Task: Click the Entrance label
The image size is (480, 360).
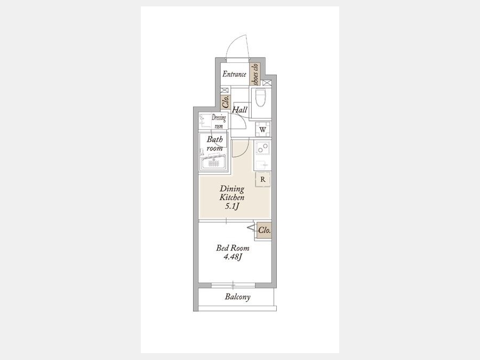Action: pyautogui.click(x=234, y=74)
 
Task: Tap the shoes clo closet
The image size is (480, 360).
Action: pyautogui.click(x=255, y=74)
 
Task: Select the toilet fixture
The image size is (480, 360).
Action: pyautogui.click(x=260, y=98)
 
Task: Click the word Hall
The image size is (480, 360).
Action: pyautogui.click(x=239, y=109)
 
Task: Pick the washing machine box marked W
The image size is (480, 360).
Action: pyautogui.click(x=263, y=129)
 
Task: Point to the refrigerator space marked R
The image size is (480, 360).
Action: pyautogui.click(x=263, y=179)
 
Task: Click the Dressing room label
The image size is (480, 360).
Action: pyautogui.click(x=219, y=122)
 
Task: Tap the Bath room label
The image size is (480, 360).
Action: pyautogui.click(x=214, y=143)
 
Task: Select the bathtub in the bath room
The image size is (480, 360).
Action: pyautogui.click(x=213, y=162)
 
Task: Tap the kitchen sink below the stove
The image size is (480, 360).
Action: pyautogui.click(x=262, y=165)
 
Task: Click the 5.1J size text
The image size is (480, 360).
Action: pyautogui.click(x=232, y=206)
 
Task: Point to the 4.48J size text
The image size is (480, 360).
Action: pyautogui.click(x=233, y=257)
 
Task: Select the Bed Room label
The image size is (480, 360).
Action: pyautogui.click(x=233, y=248)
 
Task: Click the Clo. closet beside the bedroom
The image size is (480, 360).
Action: pyautogui.click(x=264, y=230)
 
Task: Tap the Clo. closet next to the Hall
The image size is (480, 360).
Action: pyautogui.click(x=226, y=101)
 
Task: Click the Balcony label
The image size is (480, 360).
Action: pyautogui.click(x=237, y=297)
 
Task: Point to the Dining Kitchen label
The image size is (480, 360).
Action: pyautogui.click(x=232, y=193)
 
